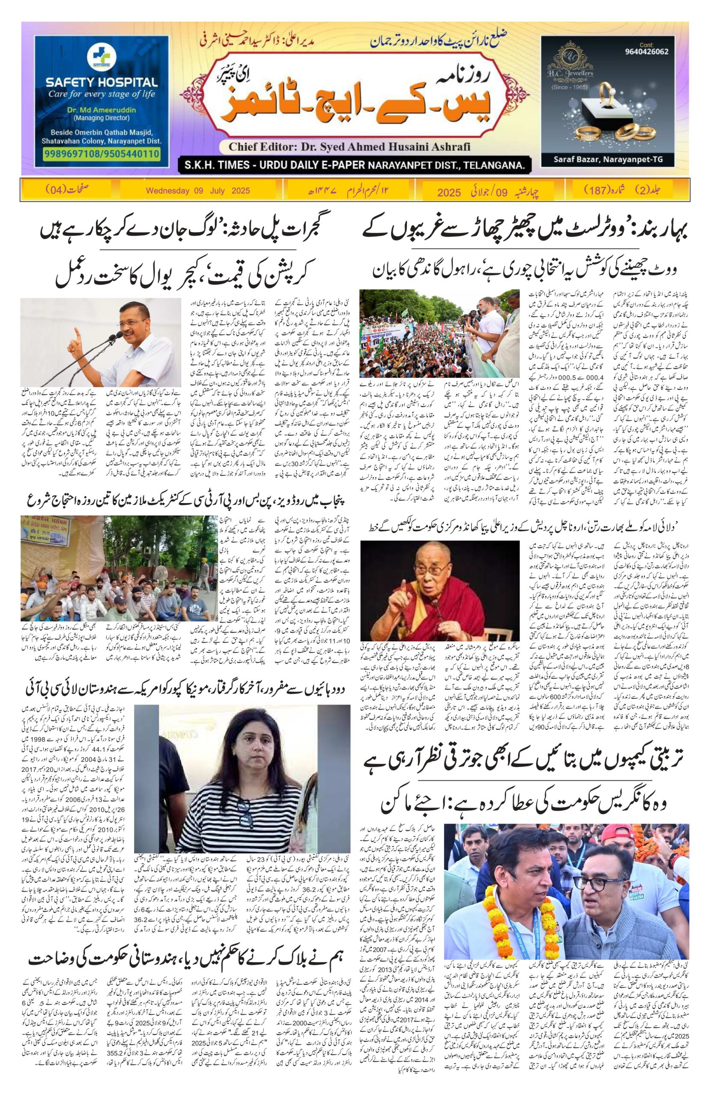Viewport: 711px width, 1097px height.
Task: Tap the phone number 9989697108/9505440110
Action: click(x=102, y=153)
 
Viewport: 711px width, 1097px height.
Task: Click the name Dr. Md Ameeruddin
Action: click(x=102, y=111)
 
